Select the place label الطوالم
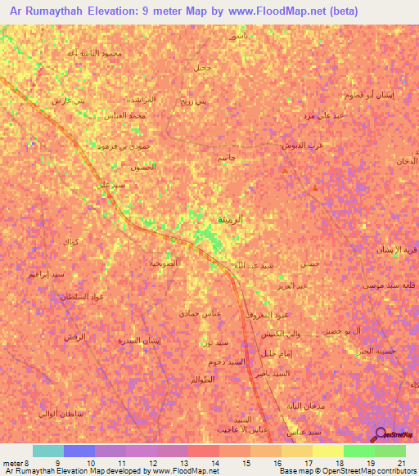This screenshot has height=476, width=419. tap(202, 379)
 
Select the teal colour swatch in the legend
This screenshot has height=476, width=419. tap(47, 451)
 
